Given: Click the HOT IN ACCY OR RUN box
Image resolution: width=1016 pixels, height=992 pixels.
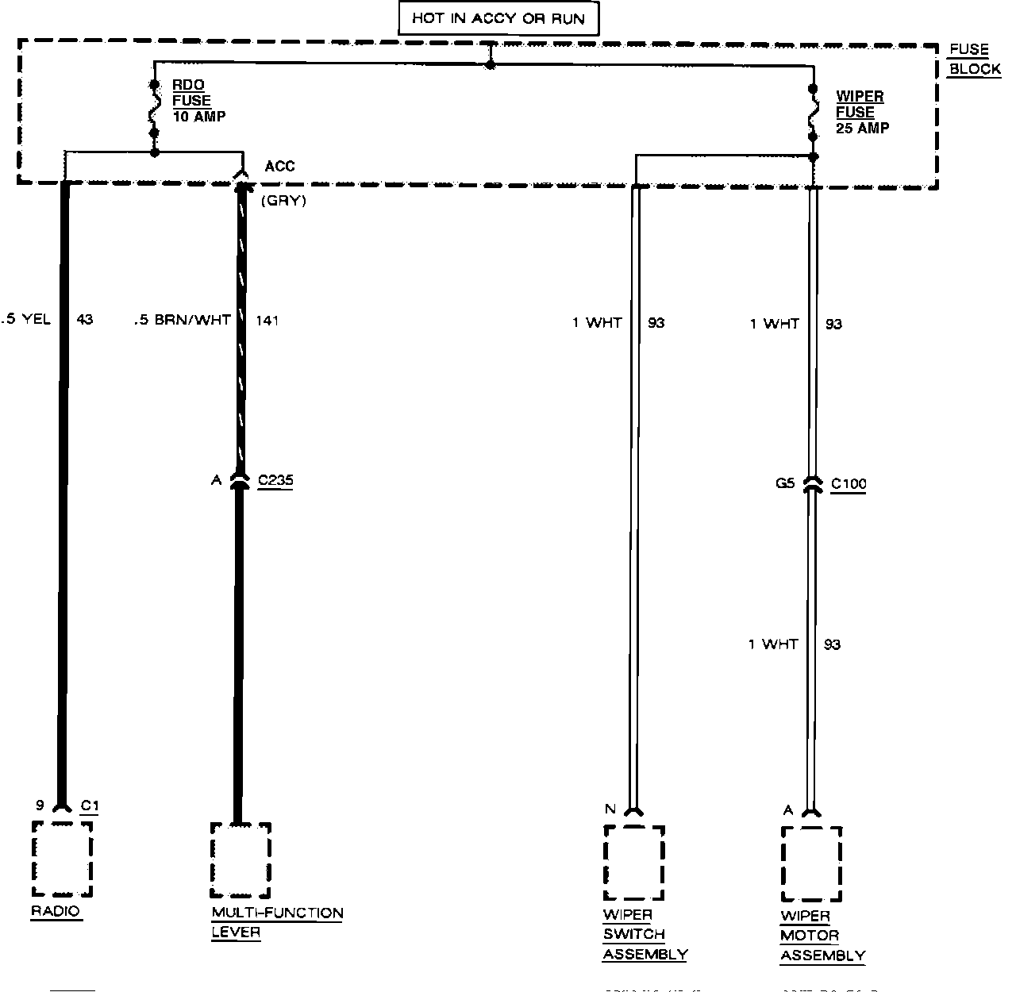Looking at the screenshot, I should pyautogui.click(x=498, y=18).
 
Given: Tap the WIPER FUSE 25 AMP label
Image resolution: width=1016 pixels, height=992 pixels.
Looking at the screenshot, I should pyautogui.click(x=860, y=112).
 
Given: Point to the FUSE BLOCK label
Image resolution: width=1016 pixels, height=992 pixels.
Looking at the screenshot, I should pyautogui.click(x=974, y=60).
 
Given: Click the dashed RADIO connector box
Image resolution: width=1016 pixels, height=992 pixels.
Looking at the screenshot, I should pyautogui.click(x=62, y=859).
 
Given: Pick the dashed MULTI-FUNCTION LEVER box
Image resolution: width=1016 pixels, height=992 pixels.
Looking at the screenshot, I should pyautogui.click(x=241, y=859).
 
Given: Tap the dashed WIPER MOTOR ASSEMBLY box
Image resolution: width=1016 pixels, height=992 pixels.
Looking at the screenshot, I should pyautogui.click(x=811, y=863).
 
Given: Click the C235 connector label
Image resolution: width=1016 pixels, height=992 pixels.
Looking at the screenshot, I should pyautogui.click(x=275, y=481).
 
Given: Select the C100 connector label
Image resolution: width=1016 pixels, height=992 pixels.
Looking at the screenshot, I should pyautogui.click(x=849, y=484).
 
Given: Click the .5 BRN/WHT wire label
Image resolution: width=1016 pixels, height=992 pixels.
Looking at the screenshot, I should pyautogui.click(x=183, y=320).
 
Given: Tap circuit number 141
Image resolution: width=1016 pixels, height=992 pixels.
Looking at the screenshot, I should pyautogui.click(x=267, y=320).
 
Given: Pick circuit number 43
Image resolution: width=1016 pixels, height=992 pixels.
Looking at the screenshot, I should pyautogui.click(x=84, y=320).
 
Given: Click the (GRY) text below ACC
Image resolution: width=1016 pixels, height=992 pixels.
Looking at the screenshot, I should pyautogui.click(x=283, y=201).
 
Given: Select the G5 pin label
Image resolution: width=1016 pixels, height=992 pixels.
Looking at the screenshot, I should pyautogui.click(x=784, y=483).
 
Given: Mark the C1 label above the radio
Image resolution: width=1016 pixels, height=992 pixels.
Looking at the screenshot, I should pyautogui.click(x=90, y=806).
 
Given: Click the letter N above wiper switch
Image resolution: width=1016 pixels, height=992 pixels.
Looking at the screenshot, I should pyautogui.click(x=610, y=809).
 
